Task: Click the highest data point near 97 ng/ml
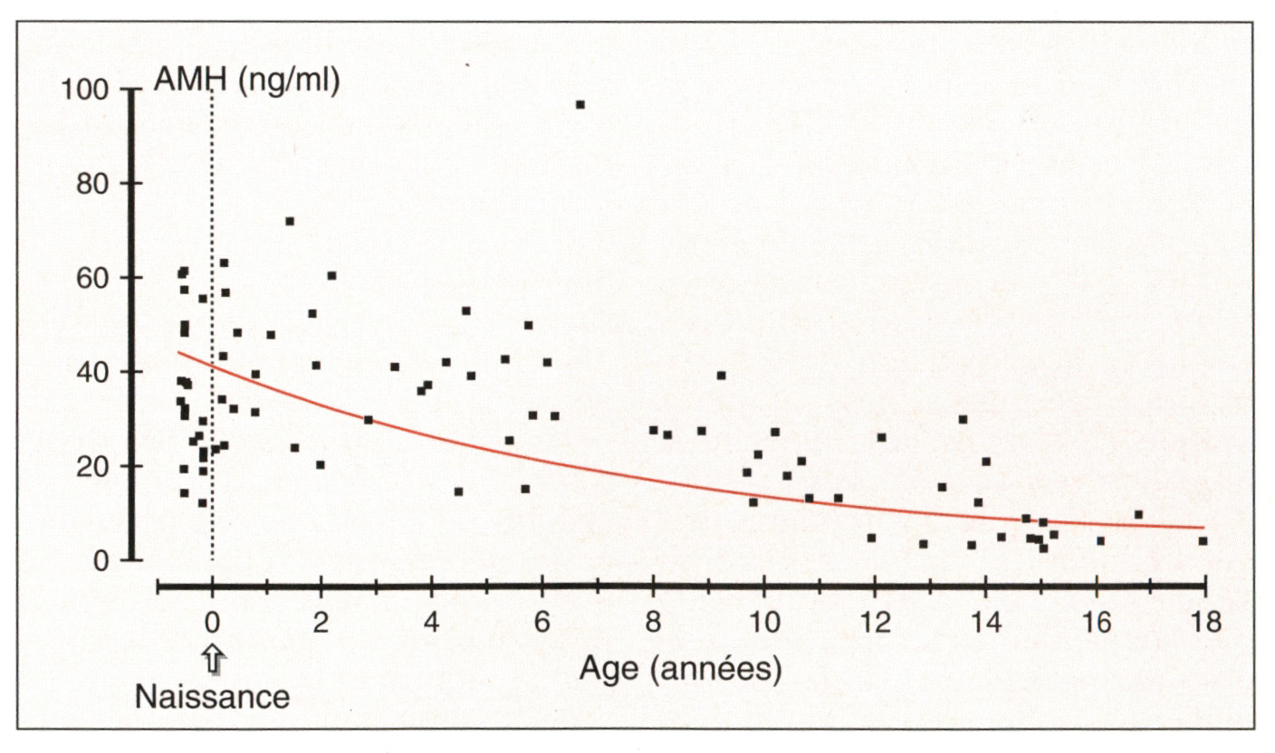point(580,105)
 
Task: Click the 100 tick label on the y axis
point(84,90)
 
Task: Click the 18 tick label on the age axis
point(1206,624)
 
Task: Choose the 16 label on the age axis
point(1096,624)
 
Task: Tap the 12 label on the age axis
point(874,624)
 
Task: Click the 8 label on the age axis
point(653,624)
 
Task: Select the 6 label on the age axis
point(542,624)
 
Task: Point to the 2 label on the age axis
point(321,624)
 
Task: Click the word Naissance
point(213,697)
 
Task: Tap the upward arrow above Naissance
point(213,658)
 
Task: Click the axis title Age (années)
point(680,671)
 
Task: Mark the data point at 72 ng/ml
point(290,221)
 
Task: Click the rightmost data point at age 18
point(1203,541)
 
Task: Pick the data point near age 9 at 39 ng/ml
point(721,376)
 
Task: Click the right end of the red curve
point(1203,528)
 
